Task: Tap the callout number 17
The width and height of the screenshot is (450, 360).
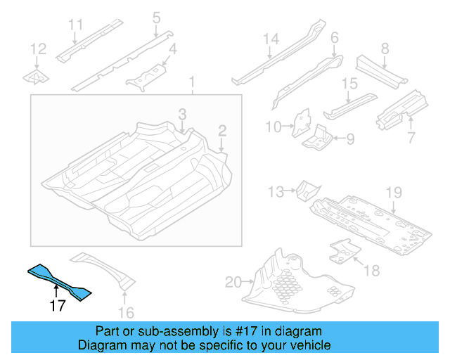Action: pyautogui.click(x=58, y=306)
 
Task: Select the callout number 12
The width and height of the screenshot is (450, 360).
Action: pyautogui.click(x=38, y=49)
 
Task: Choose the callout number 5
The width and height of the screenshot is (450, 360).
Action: pyautogui.click(x=156, y=16)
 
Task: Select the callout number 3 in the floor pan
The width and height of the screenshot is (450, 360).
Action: pyautogui.click(x=182, y=113)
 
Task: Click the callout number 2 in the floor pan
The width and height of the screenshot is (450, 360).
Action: pyautogui.click(x=221, y=130)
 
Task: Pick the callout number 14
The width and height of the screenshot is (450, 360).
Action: pyautogui.click(x=271, y=39)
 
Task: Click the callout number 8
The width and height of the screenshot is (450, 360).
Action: pyautogui.click(x=385, y=49)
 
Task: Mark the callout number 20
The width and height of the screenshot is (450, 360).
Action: pyautogui.click(x=233, y=283)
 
